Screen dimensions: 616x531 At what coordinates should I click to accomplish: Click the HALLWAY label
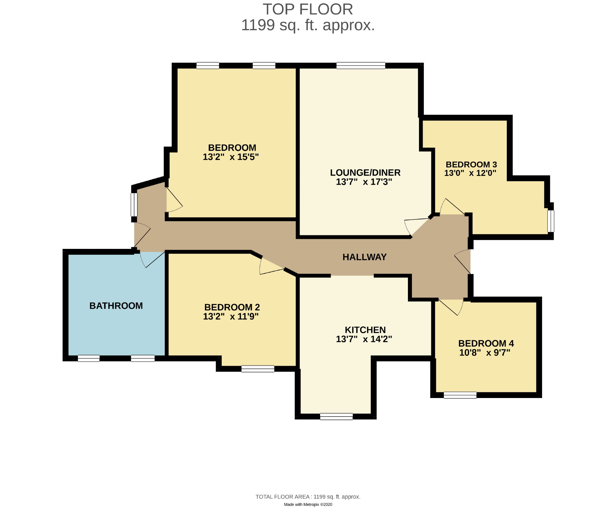(x=364, y=257)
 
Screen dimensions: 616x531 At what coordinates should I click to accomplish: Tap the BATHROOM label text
(x=116, y=306)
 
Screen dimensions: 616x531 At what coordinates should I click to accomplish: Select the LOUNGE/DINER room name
(x=365, y=173)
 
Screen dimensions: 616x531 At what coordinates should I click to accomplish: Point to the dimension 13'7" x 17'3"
(x=364, y=182)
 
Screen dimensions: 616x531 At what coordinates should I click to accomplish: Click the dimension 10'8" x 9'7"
(x=485, y=353)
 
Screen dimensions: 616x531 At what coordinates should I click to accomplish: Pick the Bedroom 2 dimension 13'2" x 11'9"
(x=231, y=316)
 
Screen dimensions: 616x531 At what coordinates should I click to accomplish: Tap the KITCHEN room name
(x=365, y=330)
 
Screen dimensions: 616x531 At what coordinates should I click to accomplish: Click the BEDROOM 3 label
(x=471, y=165)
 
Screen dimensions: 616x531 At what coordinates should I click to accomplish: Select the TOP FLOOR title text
(x=308, y=9)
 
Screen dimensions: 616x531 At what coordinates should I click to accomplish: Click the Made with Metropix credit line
(x=308, y=504)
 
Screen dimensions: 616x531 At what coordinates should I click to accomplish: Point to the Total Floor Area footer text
(x=308, y=497)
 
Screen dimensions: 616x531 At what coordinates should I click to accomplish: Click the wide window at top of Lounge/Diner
(x=361, y=65)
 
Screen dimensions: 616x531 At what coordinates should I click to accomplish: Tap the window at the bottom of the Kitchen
(x=336, y=416)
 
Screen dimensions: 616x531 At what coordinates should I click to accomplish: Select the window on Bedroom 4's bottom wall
(x=460, y=395)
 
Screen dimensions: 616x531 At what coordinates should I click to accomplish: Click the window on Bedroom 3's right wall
(x=551, y=221)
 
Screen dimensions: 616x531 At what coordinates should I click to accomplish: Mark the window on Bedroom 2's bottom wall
(x=258, y=369)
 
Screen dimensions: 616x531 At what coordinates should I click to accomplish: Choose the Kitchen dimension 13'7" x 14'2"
(x=364, y=339)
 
